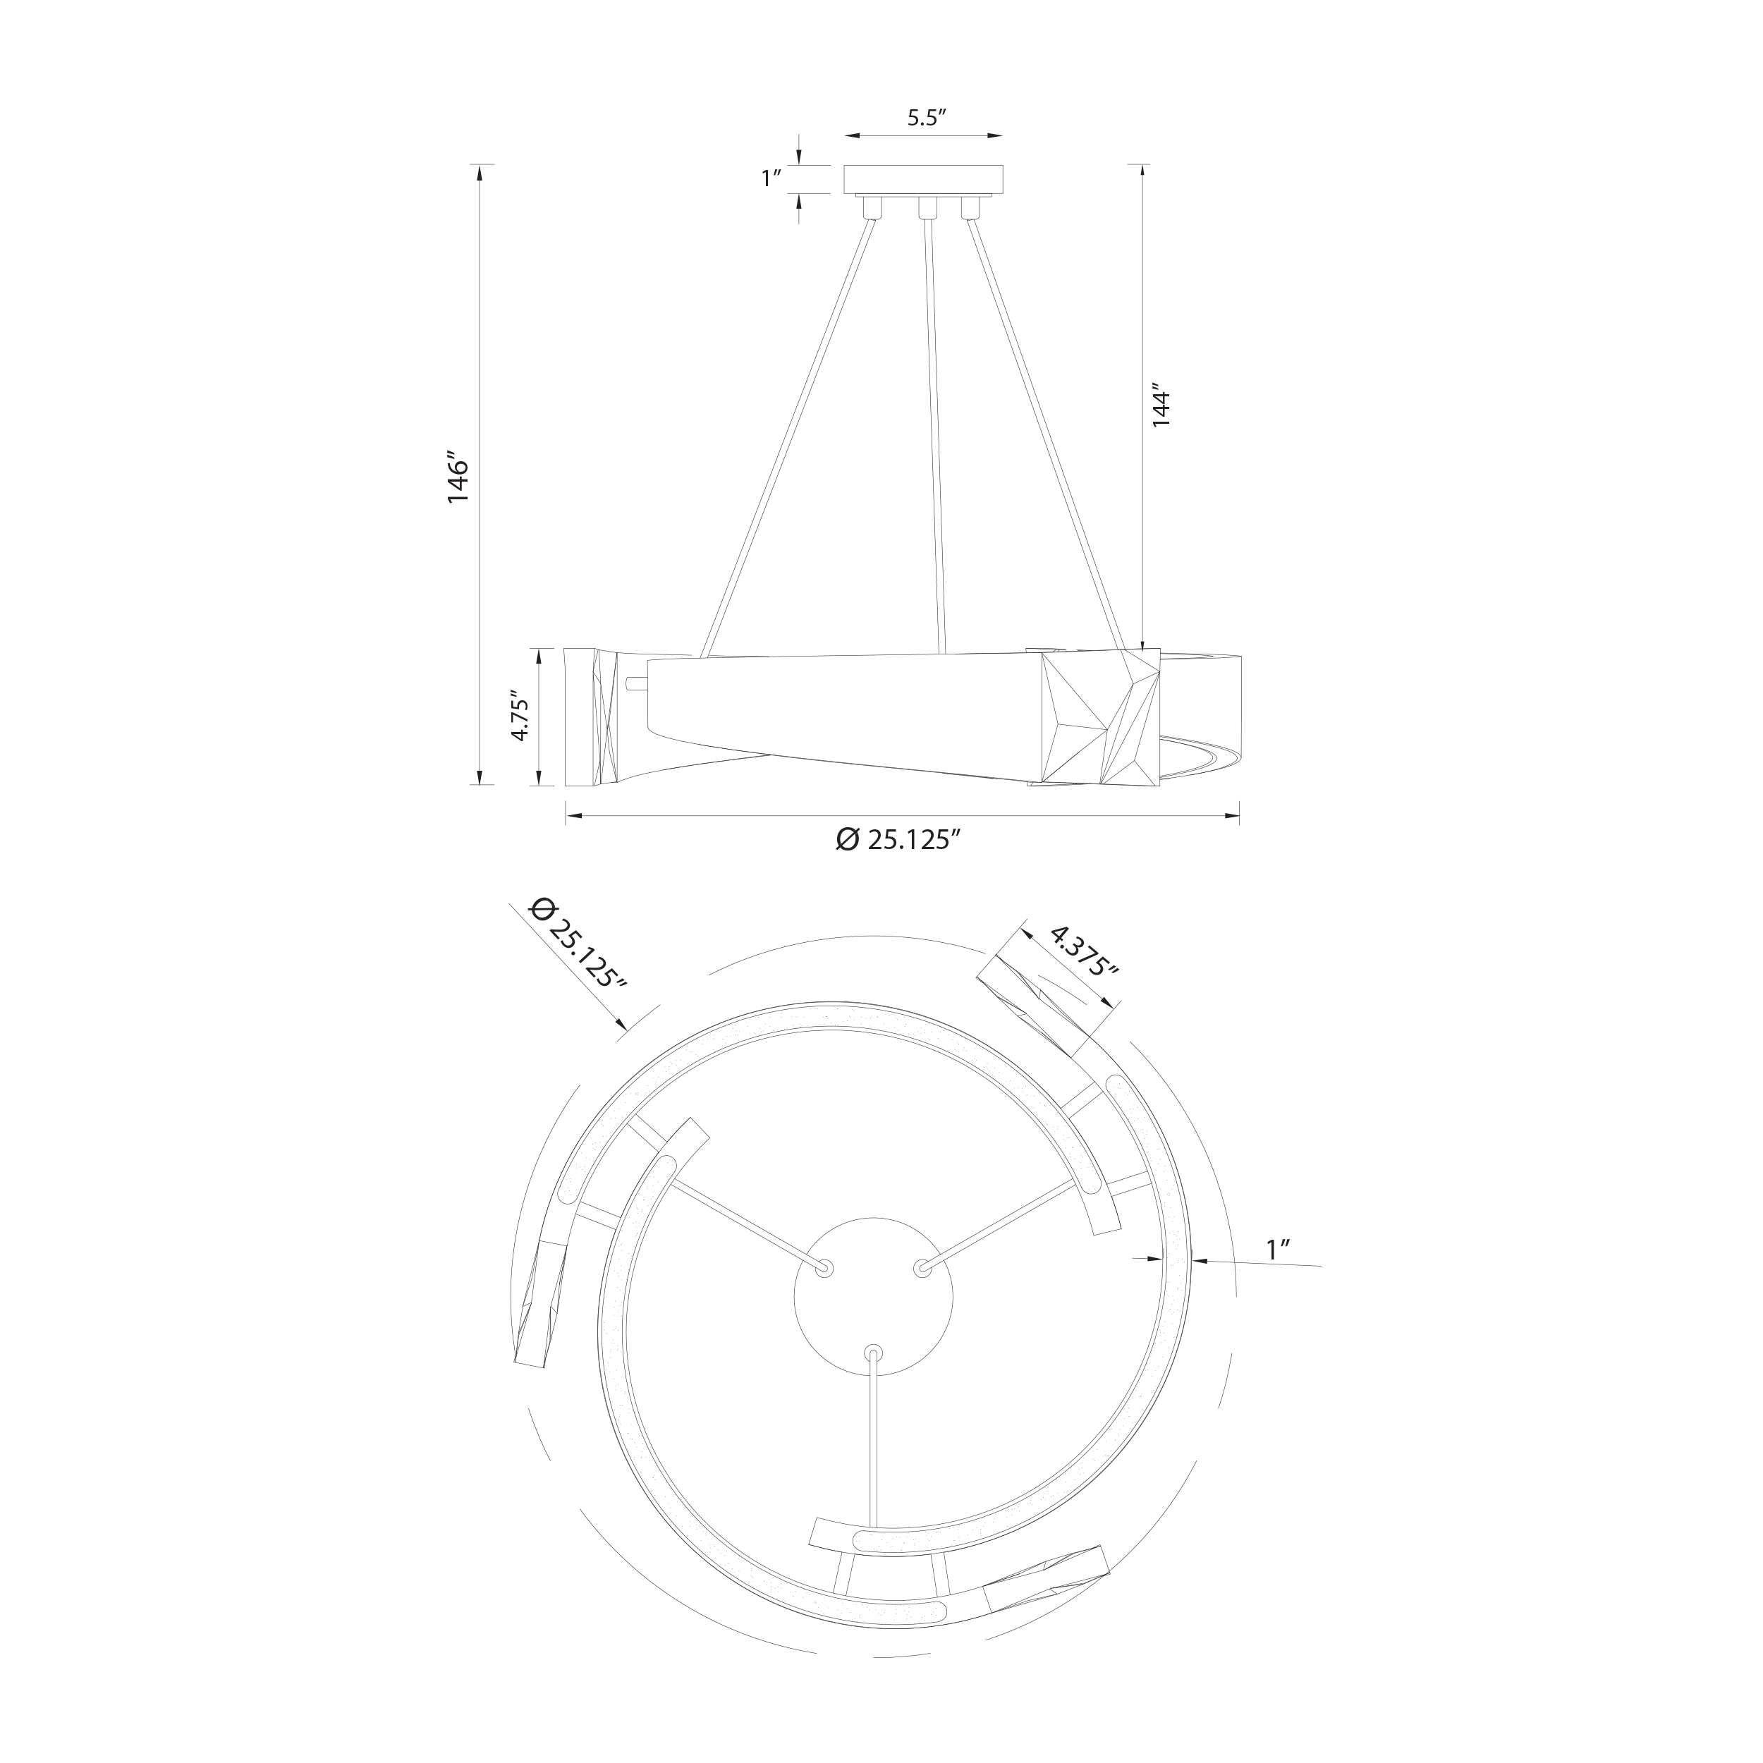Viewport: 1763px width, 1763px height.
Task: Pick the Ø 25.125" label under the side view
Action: coord(899,839)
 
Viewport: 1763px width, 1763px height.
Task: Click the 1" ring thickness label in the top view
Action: coord(1276,1249)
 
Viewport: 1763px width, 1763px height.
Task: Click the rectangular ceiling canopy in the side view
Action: coord(924,179)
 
